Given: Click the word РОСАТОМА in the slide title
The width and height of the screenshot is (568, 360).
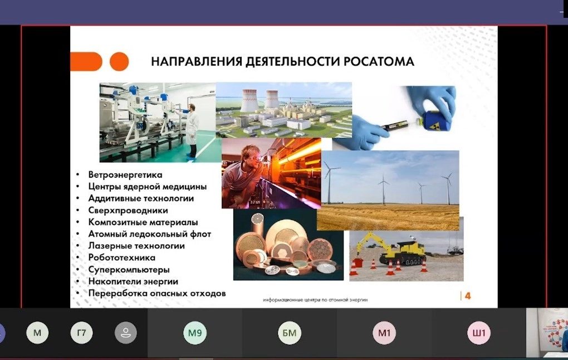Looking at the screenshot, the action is point(379,61).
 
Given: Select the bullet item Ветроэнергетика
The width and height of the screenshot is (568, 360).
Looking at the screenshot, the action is point(125,175).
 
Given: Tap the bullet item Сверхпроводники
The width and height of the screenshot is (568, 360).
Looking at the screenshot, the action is point(128,210).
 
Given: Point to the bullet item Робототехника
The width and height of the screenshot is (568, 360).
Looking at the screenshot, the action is point(122,257).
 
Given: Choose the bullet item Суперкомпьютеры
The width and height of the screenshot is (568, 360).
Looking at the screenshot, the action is point(129,270).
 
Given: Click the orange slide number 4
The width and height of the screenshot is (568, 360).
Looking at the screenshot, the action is point(468,296).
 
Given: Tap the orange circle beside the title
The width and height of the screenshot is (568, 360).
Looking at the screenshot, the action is point(119,61).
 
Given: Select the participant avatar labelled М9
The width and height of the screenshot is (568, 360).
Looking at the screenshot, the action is point(195,333).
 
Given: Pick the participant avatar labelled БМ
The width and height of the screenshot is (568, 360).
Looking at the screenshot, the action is point(290,333).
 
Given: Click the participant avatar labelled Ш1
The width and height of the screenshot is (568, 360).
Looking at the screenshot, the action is point(478,333).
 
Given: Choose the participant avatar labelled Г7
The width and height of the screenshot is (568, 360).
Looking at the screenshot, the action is point(81,333).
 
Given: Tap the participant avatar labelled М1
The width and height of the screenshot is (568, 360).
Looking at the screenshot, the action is point(384,333).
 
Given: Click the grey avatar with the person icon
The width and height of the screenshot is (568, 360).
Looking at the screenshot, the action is point(126,333).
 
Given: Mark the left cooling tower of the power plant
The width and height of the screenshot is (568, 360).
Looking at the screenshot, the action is point(250,100).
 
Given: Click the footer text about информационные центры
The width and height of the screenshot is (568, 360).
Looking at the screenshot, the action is point(315,300).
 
